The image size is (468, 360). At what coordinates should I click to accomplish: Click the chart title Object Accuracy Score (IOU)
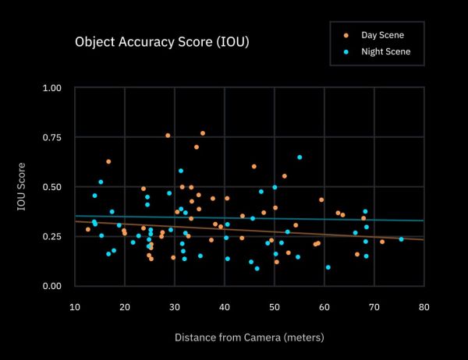(161, 41)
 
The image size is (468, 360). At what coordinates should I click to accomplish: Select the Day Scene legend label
(382, 36)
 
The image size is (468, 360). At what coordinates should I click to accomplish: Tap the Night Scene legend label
(385, 52)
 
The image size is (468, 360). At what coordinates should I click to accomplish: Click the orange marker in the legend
(346, 36)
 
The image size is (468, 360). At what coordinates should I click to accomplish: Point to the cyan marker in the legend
(346, 52)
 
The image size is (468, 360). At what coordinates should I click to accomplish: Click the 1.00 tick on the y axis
(51, 88)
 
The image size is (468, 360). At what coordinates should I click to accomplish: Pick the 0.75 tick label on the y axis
(51, 138)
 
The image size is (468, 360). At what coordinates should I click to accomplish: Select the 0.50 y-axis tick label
(51, 187)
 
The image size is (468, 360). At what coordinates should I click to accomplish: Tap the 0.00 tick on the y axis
(51, 286)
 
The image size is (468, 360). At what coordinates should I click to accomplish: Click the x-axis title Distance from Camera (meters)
(249, 337)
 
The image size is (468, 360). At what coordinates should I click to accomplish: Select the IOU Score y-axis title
(23, 187)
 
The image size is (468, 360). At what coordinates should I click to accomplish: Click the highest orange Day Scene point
(203, 133)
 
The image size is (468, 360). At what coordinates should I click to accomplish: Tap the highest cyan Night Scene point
(300, 157)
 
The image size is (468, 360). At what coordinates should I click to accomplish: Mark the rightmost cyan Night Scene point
(402, 239)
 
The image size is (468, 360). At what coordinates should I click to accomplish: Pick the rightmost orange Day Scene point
(382, 242)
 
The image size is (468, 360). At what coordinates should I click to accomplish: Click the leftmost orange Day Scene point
(88, 229)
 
